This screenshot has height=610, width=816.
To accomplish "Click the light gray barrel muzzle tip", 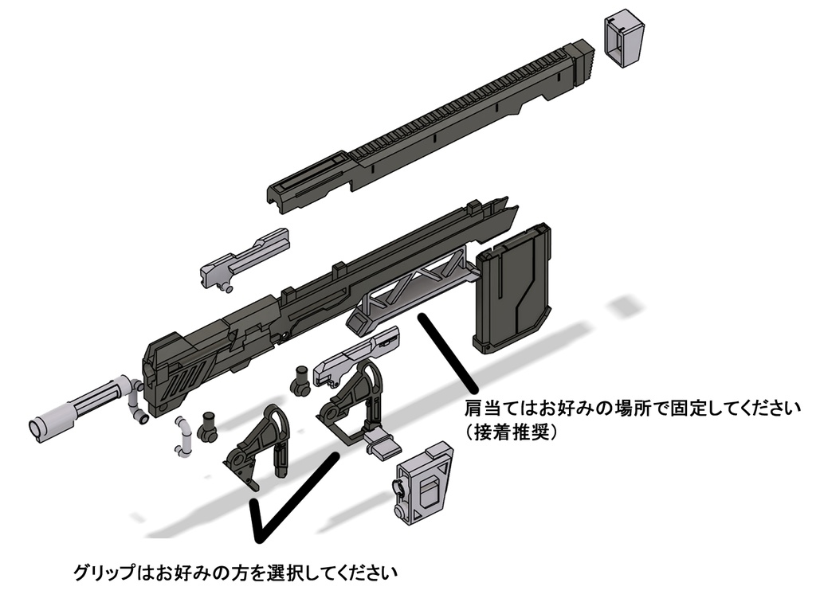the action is pyautogui.click(x=41, y=429).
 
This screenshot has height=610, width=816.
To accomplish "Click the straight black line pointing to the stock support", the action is pyautogui.click(x=449, y=352).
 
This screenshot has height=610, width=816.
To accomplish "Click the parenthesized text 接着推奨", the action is pyautogui.click(x=511, y=432).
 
